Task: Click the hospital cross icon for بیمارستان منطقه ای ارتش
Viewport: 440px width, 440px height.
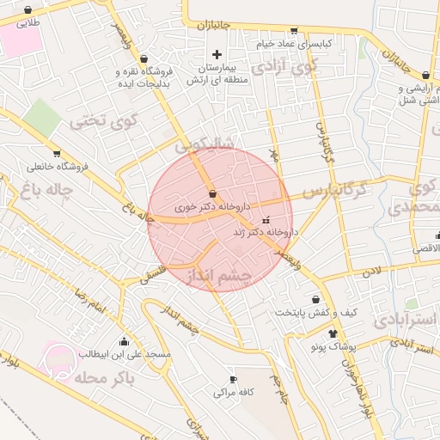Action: (217, 55)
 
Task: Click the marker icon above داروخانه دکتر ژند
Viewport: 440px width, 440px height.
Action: (265, 219)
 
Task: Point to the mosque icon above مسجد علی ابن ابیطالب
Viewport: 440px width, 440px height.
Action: (125, 340)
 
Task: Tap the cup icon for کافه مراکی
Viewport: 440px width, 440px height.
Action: (232, 379)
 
